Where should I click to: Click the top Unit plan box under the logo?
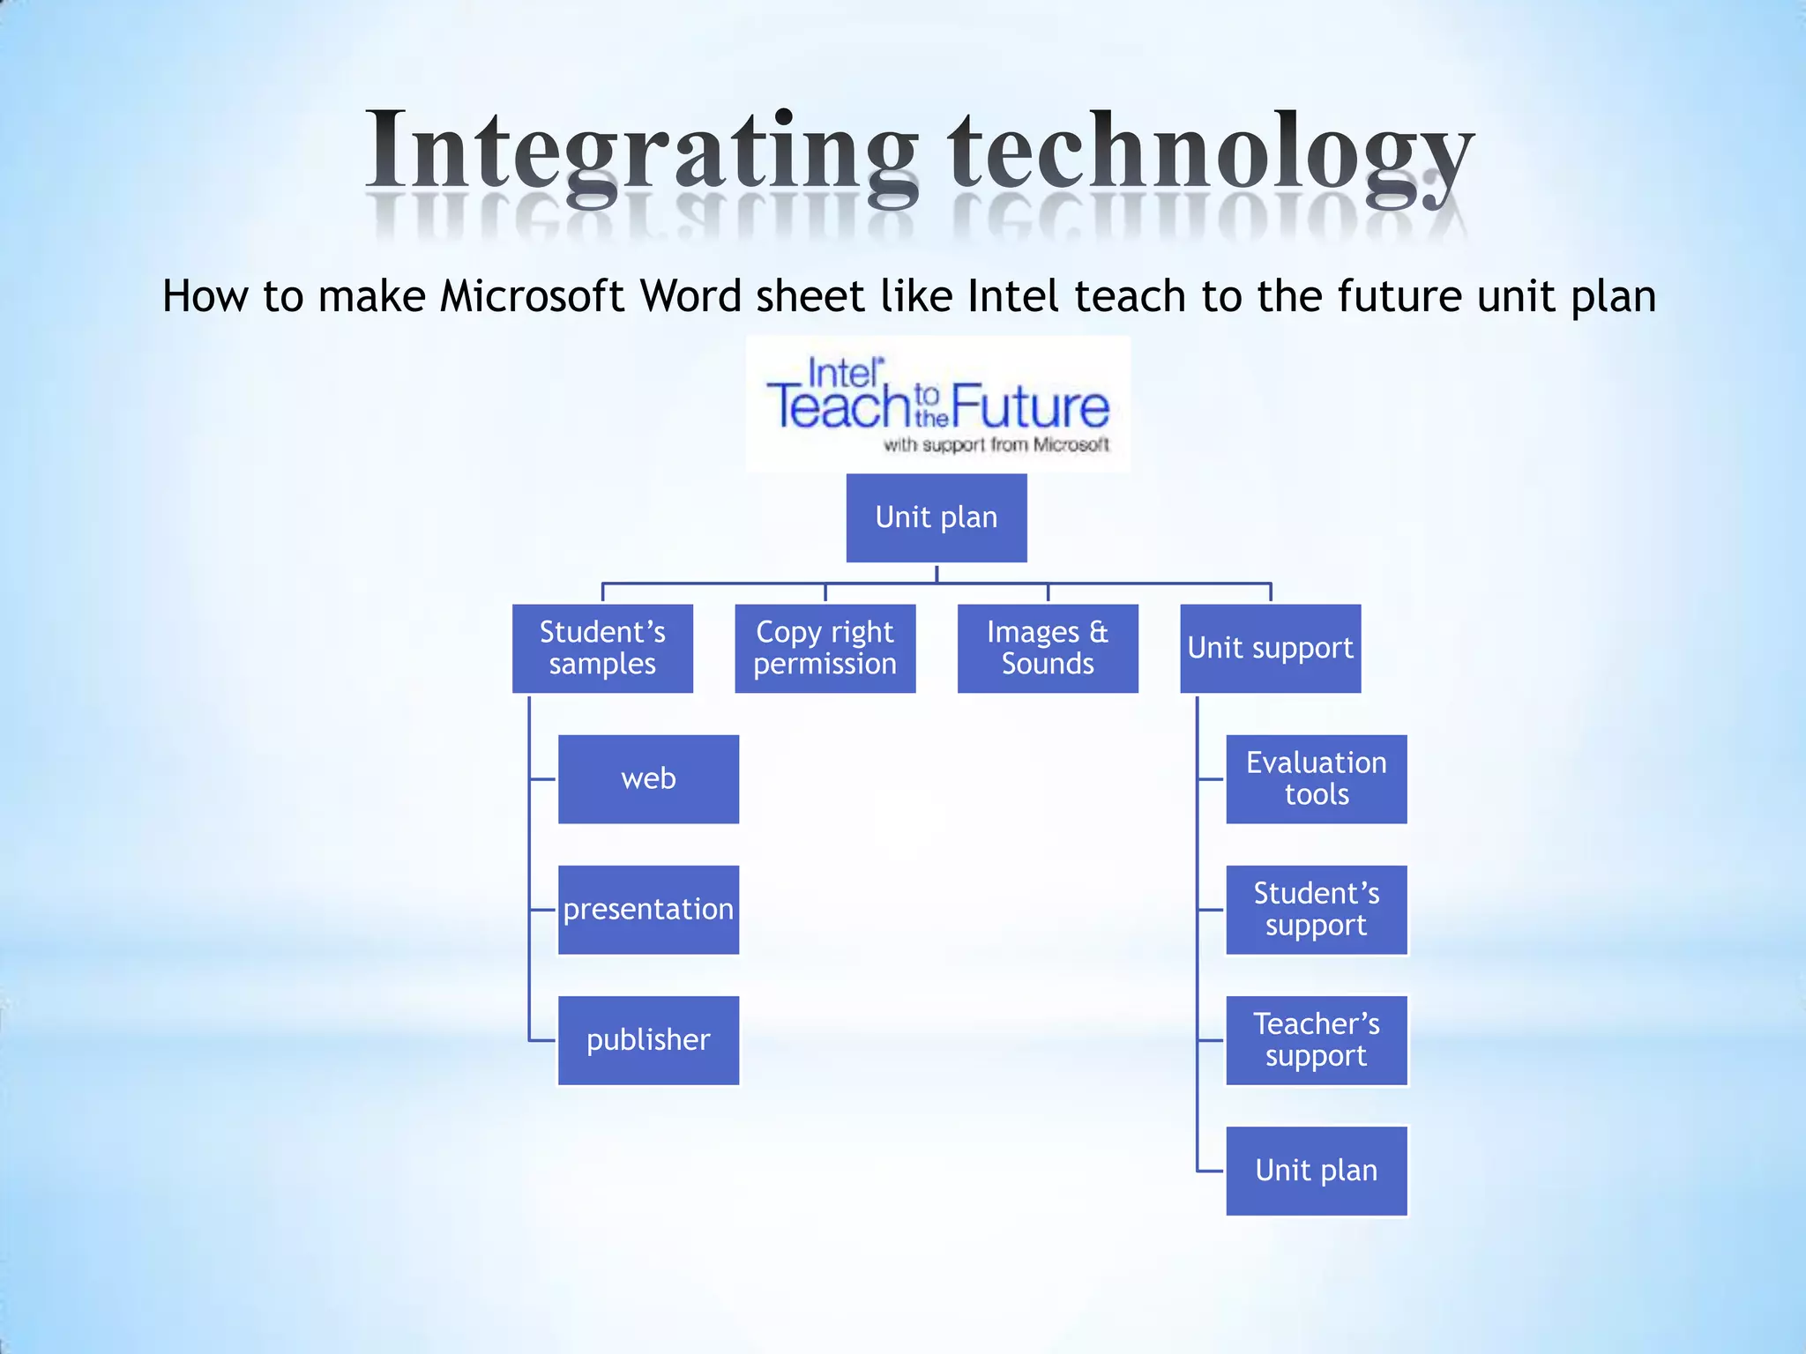937,517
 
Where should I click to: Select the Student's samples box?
602,648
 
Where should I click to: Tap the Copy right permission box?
825,648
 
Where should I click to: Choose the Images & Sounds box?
1048,648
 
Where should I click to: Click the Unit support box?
1270,648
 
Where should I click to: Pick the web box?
648,778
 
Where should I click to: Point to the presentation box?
648,909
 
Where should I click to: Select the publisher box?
648,1040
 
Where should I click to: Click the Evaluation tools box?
1316,778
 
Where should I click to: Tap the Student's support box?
1316,909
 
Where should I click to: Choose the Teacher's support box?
1316,1040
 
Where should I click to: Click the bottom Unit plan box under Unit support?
1316,1171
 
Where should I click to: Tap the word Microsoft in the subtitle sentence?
533,296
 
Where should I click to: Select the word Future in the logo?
1030,406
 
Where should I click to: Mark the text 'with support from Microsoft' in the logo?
996,445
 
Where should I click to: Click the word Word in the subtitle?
690,296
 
